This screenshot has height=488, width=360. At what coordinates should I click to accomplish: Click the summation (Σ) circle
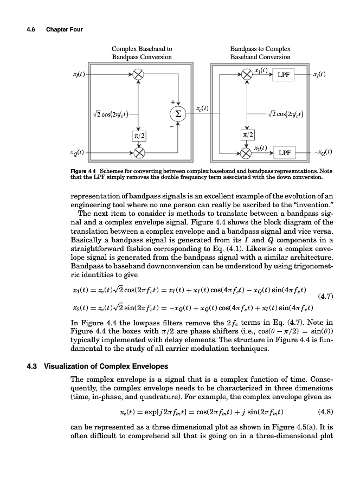pyautogui.click(x=177, y=114)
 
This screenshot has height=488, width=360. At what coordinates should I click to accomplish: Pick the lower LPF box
pyautogui.click(x=284, y=153)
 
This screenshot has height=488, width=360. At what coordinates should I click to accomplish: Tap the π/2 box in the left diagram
pyautogui.click(x=139, y=134)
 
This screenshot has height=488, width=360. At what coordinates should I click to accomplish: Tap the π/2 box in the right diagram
pyautogui.click(x=247, y=134)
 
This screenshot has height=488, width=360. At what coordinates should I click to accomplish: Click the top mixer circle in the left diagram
pyautogui.click(x=139, y=74)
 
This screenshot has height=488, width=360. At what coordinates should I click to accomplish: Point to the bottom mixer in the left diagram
pyautogui.click(x=139, y=153)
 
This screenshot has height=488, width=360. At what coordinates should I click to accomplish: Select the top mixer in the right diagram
pyautogui.click(x=247, y=74)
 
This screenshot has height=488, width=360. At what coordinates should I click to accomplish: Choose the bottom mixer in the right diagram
pyautogui.click(x=247, y=153)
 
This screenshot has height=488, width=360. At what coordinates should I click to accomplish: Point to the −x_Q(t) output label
pyautogui.click(x=323, y=152)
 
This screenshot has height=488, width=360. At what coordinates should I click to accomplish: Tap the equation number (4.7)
pyautogui.click(x=324, y=297)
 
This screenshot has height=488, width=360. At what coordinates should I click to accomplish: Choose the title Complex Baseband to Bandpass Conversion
pyautogui.click(x=142, y=53)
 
